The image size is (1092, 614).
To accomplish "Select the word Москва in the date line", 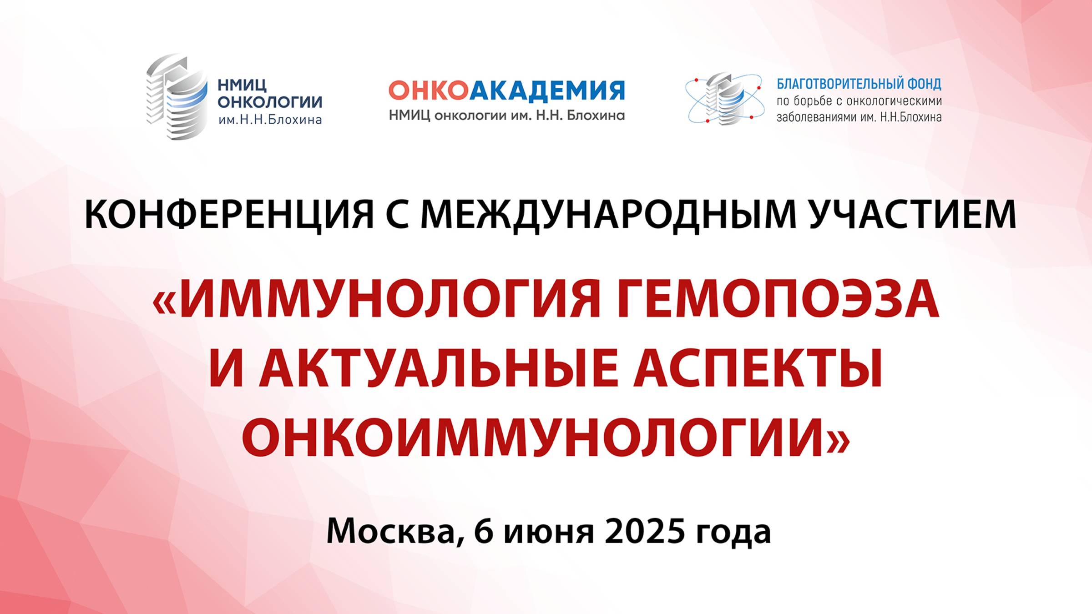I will tap(391, 531).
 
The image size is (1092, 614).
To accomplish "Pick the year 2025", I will tap(644, 531).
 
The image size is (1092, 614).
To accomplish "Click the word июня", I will tap(548, 531).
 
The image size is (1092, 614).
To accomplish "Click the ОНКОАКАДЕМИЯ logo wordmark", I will tap(506, 91).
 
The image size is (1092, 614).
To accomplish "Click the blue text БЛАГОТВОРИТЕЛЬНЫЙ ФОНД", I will tap(859, 84).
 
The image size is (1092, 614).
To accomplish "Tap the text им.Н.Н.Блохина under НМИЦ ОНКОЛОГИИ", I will tap(270, 120).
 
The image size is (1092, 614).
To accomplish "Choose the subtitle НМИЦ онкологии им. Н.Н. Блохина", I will tap(506, 116).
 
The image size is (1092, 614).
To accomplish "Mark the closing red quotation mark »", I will tap(838, 441).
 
